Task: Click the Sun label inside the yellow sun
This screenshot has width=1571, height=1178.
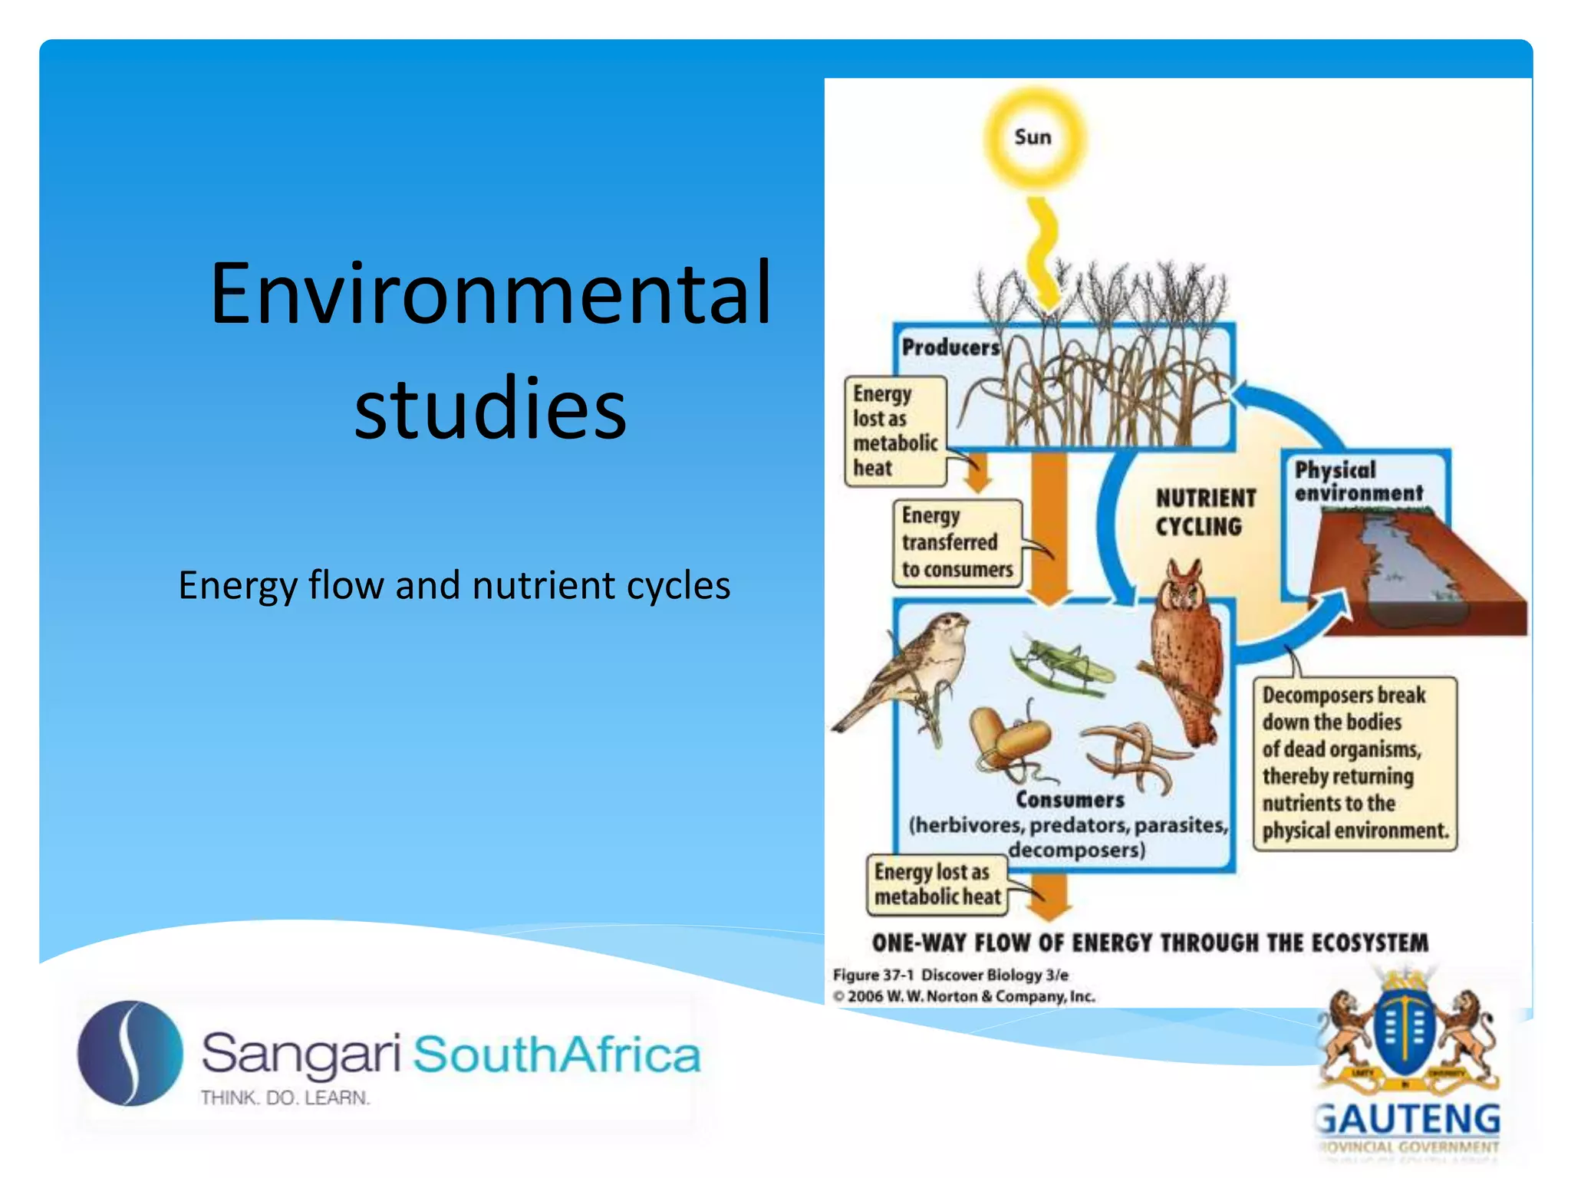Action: point(1033,137)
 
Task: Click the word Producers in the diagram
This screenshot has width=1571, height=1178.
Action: point(950,347)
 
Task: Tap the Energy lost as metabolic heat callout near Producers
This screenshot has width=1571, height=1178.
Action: point(894,431)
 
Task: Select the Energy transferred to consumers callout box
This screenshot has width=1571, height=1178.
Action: point(957,543)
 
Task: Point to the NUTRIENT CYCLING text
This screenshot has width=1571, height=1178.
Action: point(1204,512)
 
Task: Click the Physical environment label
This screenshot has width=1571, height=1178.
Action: point(1358,482)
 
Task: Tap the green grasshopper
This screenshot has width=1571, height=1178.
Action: point(1062,666)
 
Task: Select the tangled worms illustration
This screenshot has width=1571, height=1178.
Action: point(1135,755)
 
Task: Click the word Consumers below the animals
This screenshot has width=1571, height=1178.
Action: point(1069,800)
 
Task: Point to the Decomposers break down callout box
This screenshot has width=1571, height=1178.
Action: point(1354,763)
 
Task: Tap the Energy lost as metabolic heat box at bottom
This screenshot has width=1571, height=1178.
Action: point(936,884)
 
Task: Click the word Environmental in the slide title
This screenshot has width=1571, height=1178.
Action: point(491,294)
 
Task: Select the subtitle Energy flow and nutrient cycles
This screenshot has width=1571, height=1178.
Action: point(454,585)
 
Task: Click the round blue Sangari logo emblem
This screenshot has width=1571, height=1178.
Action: point(130,1053)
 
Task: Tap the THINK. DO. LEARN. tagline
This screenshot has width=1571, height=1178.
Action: point(285,1098)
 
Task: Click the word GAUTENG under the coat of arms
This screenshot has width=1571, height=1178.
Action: point(1408,1120)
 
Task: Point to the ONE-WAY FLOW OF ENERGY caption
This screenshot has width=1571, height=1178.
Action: point(1149,943)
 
